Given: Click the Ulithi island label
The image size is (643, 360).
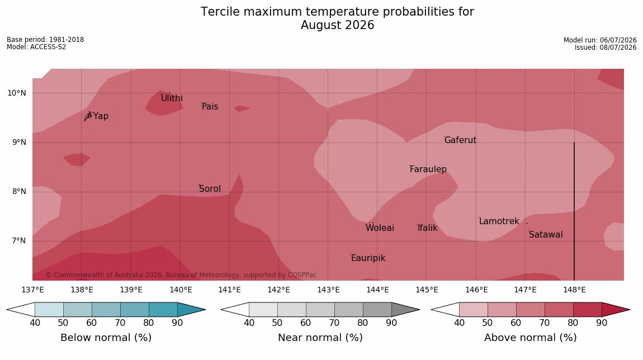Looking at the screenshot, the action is pyautogui.click(x=172, y=98).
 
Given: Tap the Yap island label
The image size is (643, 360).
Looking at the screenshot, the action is pyautogui.click(x=101, y=116).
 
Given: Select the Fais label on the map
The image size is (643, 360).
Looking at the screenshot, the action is pyautogui.click(x=210, y=107).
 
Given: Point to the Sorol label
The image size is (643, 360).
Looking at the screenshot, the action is pyautogui.click(x=210, y=188).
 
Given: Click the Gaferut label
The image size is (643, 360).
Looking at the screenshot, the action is pyautogui.click(x=461, y=140).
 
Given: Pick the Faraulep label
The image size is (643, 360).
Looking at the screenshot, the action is pyautogui.click(x=428, y=169).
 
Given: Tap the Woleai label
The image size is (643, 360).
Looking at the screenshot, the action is pyautogui.click(x=380, y=228).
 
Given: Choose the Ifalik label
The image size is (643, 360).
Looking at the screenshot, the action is pyautogui.click(x=428, y=228).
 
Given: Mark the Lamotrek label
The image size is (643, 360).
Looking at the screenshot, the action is pyautogui.click(x=499, y=221).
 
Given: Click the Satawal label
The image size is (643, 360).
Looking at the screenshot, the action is pyautogui.click(x=546, y=235).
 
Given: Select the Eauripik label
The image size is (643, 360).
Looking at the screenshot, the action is pyautogui.click(x=368, y=258).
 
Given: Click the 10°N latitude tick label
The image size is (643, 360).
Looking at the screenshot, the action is pyautogui.click(x=16, y=93).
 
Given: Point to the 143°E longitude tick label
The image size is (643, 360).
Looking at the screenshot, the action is pyautogui.click(x=328, y=290).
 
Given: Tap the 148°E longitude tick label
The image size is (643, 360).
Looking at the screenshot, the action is pyautogui.click(x=574, y=290).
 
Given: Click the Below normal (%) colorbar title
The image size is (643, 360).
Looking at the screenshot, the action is pyautogui.click(x=106, y=338).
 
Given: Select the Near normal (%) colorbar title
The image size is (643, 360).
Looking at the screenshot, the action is pyautogui.click(x=320, y=338).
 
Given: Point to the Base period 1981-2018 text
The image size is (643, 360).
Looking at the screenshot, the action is pyautogui.click(x=45, y=40).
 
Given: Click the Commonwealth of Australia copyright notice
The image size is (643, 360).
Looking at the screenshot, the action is pyautogui.click(x=181, y=274).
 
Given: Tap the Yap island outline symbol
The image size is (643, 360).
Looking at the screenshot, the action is pyautogui.click(x=88, y=116).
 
